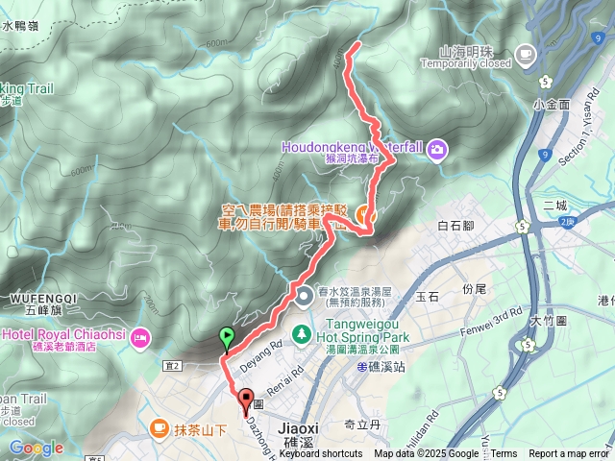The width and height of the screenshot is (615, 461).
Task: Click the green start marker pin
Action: click(227, 337)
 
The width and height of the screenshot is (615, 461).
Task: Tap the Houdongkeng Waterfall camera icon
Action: click(437, 148)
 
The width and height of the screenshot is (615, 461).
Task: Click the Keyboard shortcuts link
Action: click(321, 454)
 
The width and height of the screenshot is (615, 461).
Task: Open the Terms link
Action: click(504, 454)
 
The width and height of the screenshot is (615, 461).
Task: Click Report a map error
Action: click(569, 454)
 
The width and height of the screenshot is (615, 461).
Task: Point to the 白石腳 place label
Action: click(455, 227)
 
